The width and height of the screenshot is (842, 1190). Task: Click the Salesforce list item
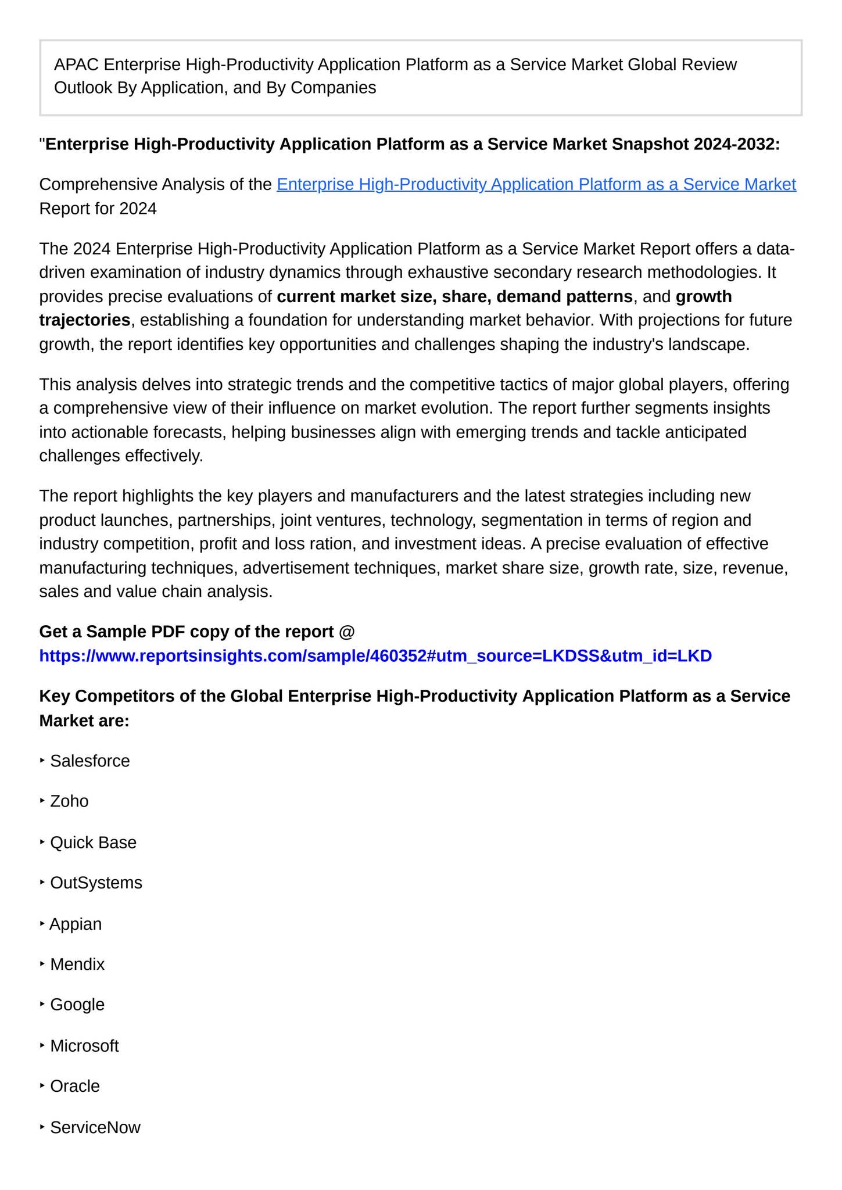pos(90,761)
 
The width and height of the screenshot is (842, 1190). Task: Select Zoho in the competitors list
pos(69,801)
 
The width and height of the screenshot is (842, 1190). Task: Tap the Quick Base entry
pos(93,842)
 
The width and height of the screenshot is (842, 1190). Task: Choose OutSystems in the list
pos(96,883)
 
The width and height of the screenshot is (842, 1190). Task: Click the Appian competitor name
pos(76,924)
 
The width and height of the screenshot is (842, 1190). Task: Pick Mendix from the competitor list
pos(77,964)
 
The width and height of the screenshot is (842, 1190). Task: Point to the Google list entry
pos(77,1005)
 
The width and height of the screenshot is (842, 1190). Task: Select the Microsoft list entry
pos(84,1046)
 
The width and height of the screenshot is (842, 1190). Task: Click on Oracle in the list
pos(75,1086)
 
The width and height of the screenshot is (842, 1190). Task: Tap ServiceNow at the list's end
pos(95,1127)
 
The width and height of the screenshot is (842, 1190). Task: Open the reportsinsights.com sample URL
pos(375,656)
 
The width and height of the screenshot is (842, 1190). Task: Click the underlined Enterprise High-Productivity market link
pos(536,184)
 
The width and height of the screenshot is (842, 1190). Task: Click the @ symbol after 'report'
pos(346,632)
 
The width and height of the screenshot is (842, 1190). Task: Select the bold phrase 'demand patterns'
pos(564,296)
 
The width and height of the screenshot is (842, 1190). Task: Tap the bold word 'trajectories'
pos(85,320)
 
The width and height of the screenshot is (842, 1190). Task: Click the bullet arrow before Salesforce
pos(42,760)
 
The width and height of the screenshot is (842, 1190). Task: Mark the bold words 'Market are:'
pos(84,721)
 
